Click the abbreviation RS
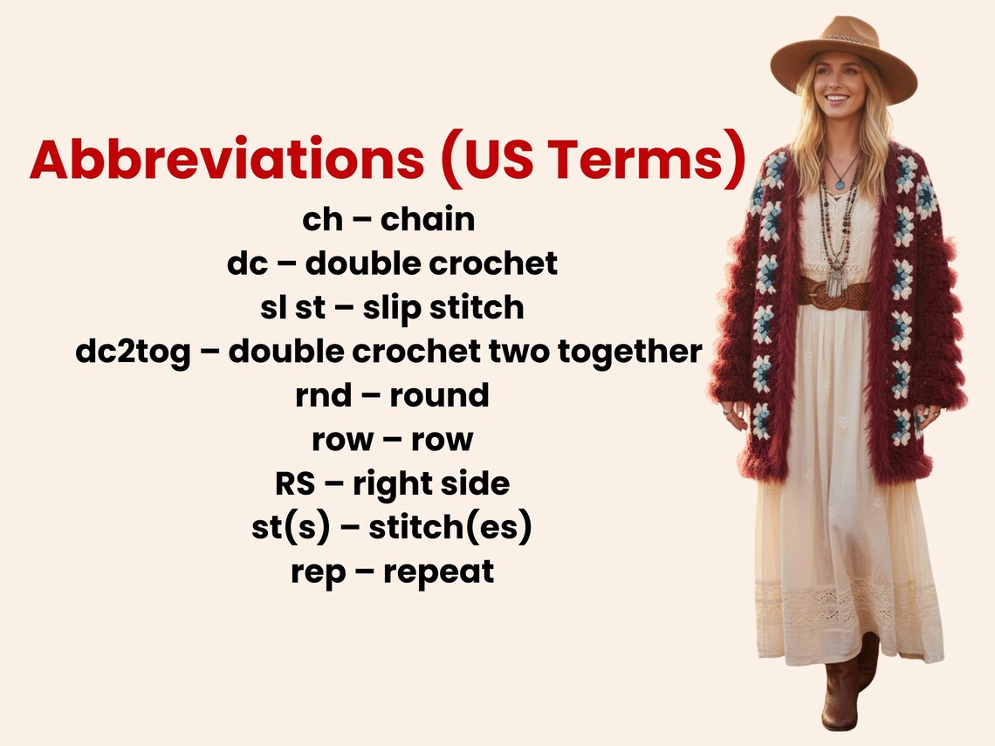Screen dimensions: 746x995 coord(292,483)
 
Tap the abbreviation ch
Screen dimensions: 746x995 coord(323,219)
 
